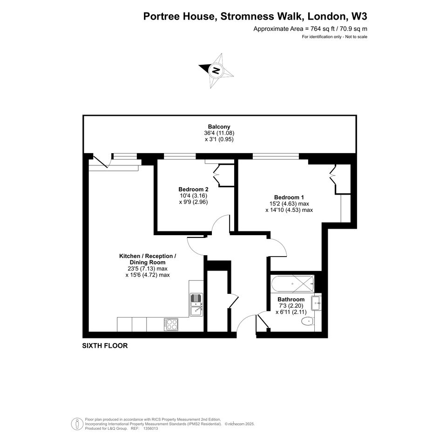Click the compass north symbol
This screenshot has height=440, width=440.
click(216, 70)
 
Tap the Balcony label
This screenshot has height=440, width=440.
click(219, 127)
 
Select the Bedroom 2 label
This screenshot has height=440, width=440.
click(193, 189)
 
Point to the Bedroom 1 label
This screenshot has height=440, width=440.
click(289, 197)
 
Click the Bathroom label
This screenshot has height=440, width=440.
click(291, 299)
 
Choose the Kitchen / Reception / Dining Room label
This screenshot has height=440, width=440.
click(148, 259)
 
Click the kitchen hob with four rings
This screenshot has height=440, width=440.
click(171, 325)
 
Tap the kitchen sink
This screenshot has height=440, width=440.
click(196, 305)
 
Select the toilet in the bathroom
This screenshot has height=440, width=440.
click(307, 320)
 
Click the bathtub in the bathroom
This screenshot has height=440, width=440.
click(292, 284)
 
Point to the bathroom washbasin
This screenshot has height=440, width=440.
click(316, 303)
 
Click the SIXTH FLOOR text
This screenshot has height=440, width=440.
click(105, 345)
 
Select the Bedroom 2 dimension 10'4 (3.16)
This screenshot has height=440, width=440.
click(193, 196)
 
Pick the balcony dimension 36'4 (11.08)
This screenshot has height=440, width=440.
click(219, 133)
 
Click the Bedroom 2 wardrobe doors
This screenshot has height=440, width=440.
click(217, 176)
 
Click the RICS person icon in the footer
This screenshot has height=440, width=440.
click(77, 424)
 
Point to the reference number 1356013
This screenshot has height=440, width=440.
click(151, 428)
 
